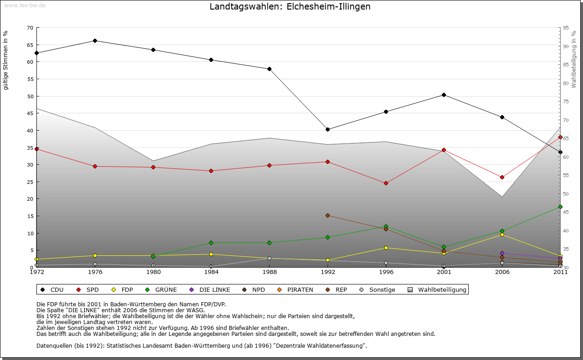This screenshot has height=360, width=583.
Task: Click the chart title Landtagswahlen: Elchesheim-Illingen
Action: (x=290, y=7)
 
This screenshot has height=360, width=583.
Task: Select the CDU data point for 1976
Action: (x=95, y=41)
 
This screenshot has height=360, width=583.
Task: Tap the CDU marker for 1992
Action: (x=327, y=129)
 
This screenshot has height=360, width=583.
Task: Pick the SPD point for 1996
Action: (x=386, y=183)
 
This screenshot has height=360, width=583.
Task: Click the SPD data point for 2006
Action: (x=502, y=177)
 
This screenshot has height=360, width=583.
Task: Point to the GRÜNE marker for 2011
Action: (x=560, y=207)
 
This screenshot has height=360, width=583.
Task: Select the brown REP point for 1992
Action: (x=327, y=215)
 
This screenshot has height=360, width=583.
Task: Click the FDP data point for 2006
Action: (x=502, y=234)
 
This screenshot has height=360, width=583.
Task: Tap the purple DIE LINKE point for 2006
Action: (x=502, y=253)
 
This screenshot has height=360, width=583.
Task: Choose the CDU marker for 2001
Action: (x=444, y=95)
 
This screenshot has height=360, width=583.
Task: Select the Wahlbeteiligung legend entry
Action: (x=437, y=289)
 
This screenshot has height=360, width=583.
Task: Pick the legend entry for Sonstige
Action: (x=378, y=289)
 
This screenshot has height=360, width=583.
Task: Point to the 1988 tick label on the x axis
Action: (x=270, y=272)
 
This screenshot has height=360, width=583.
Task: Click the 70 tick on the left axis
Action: (x=30, y=28)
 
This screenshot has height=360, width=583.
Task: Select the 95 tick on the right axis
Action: (x=566, y=28)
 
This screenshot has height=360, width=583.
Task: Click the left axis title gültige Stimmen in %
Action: (x=6, y=60)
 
